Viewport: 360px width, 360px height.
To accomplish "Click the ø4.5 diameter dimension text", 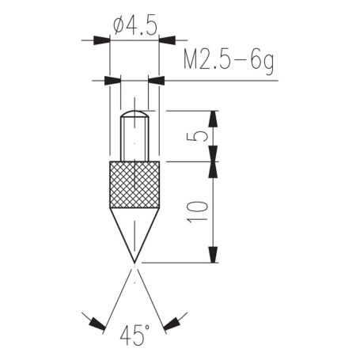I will [135, 25].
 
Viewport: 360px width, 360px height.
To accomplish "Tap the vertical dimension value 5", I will [201, 136].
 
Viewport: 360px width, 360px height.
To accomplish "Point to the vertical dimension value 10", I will [201, 210].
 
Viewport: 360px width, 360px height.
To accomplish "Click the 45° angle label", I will [135, 337].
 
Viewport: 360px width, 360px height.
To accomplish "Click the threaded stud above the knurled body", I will [135, 141].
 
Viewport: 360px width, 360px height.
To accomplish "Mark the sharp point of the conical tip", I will [135, 260].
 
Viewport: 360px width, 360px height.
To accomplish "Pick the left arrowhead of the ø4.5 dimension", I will [101, 40].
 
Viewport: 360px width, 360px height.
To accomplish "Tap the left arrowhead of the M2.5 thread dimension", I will [112, 79].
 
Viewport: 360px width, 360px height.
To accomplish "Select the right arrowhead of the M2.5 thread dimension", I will [156, 79].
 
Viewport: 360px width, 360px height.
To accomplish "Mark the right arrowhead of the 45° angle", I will [172, 323].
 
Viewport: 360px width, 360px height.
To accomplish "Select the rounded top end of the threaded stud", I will [135, 115].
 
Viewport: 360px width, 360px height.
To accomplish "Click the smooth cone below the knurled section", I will [135, 229].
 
